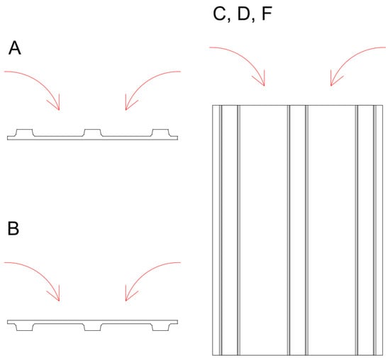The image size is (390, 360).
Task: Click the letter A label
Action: [x=15, y=48]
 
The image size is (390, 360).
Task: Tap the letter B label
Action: [x=13, y=228]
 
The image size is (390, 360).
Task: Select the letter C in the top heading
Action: [x=219, y=13]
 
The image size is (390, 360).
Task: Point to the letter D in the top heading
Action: [x=243, y=13]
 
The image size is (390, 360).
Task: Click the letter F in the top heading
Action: [x=267, y=13]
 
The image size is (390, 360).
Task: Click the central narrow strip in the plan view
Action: [x=298, y=230]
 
